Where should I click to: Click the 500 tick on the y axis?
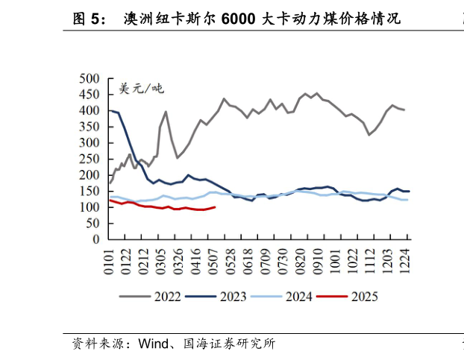[89, 78]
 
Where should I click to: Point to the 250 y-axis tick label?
[89, 159]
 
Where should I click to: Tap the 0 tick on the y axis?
[96, 240]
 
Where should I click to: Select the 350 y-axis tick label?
[89, 127]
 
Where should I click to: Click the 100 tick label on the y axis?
[89, 207]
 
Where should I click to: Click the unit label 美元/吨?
[141, 89]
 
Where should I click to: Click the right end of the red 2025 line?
[215, 207]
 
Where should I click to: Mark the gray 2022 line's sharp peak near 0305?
[166, 112]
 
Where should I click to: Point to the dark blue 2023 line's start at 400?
[110, 110]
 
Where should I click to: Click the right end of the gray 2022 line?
[404, 110]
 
